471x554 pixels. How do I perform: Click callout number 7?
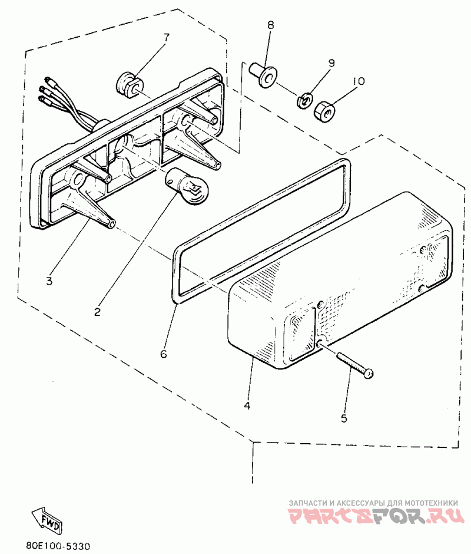(x=165, y=37)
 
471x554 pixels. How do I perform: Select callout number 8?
(x=271, y=25)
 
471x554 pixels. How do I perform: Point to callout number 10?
(x=359, y=81)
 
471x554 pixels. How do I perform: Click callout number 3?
(x=49, y=281)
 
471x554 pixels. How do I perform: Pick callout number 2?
(x=98, y=311)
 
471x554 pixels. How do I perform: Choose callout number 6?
(x=164, y=354)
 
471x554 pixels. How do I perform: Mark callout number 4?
(x=247, y=406)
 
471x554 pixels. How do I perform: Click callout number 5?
(x=344, y=418)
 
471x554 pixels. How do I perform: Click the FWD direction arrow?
(x=47, y=519)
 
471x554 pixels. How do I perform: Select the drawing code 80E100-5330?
(x=58, y=546)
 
